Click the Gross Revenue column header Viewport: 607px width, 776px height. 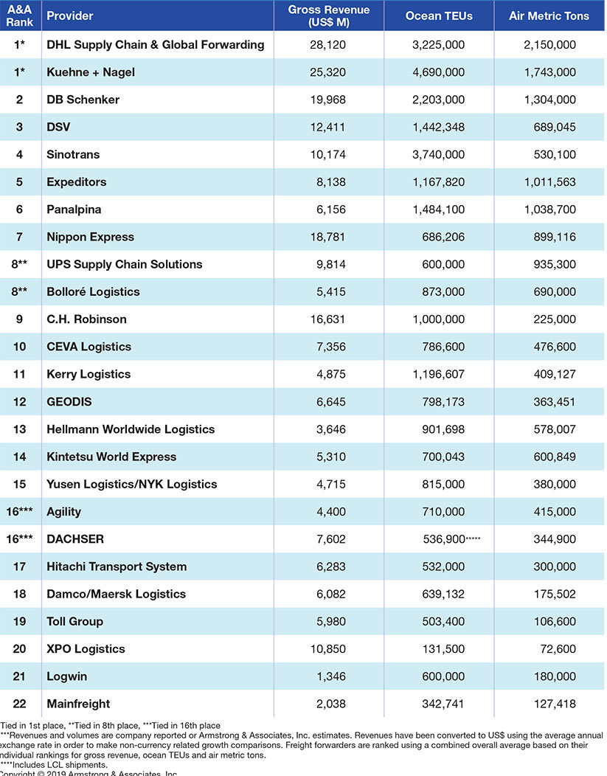328,15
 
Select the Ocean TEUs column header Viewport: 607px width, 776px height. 439,15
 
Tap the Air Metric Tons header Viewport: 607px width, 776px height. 549,15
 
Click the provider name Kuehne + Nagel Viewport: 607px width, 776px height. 91,72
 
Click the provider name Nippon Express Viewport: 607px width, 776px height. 90,237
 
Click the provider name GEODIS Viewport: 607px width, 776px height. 69,401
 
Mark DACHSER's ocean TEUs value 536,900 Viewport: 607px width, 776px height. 438,539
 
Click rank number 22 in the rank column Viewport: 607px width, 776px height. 19,704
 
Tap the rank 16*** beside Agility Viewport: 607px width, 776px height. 19,511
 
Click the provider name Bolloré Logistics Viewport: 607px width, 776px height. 93,291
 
